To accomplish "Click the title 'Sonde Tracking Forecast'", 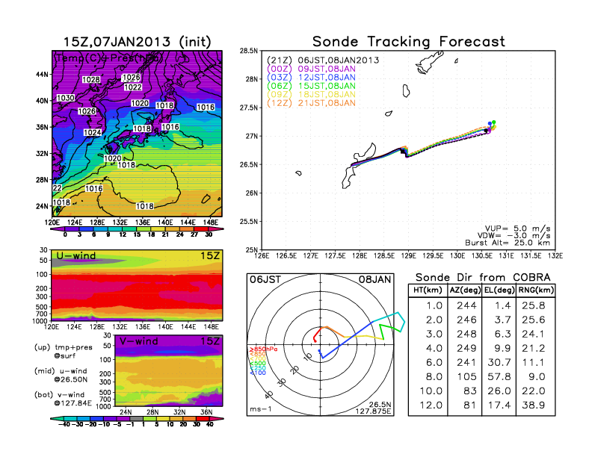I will point(408,41).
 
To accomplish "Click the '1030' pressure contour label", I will point(65,98).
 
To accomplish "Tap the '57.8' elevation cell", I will point(498,377).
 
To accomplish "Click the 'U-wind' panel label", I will point(78,257).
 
